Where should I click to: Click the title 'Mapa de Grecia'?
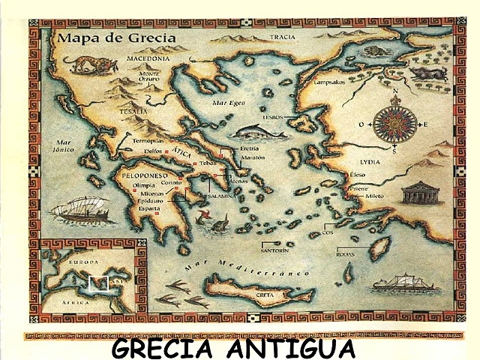(115, 37)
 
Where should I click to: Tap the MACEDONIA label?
(148, 58)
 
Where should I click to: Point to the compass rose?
(394, 124)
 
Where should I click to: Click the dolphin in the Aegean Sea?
(259, 133)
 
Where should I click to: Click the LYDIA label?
(370, 161)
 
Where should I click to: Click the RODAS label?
(345, 253)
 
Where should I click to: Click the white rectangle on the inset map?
(97, 284)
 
